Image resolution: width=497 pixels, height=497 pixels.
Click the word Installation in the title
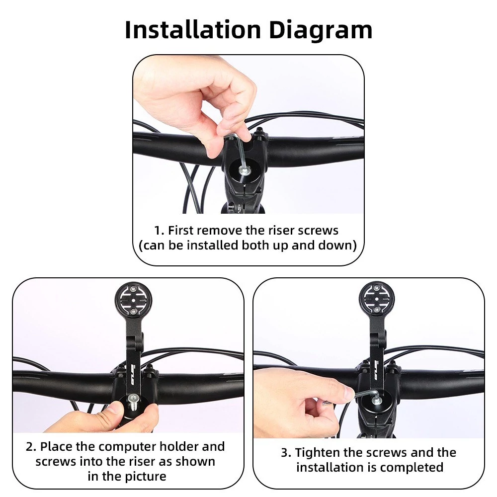193,30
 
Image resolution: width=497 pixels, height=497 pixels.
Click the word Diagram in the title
321,30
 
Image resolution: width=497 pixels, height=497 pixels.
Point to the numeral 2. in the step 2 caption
31,447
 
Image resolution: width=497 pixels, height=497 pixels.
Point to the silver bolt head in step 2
133,399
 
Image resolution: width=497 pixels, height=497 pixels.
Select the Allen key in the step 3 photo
368,395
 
